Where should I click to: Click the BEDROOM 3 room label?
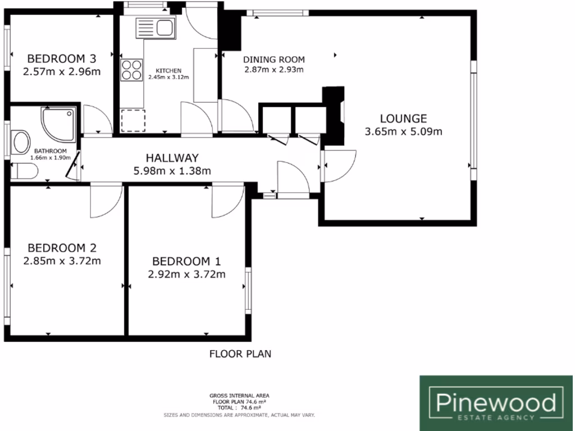[62, 58]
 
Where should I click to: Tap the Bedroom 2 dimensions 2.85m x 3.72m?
[62, 260]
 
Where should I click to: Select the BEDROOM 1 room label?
[186, 261]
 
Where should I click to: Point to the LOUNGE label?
[403, 118]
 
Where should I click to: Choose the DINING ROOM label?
[273, 59]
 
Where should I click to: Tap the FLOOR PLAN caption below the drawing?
[240, 354]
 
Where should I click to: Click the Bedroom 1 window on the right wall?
[248, 289]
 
